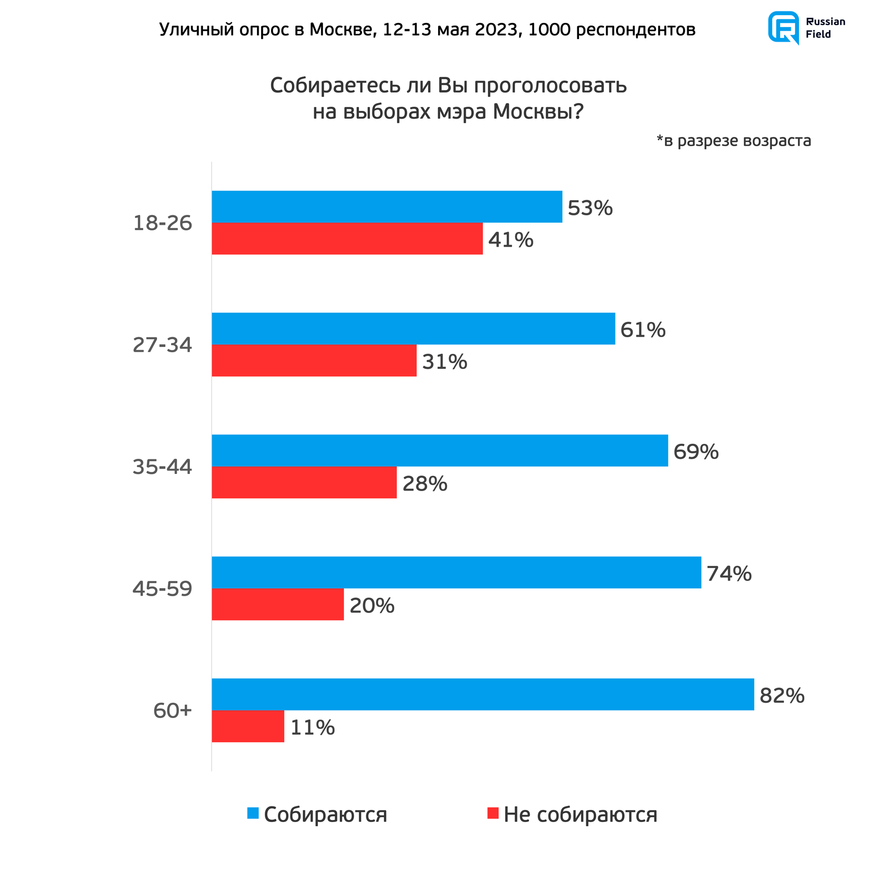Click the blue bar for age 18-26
coord(387,207)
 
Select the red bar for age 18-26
coord(347,239)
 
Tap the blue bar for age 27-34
coord(413,328)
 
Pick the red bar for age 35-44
coord(304,482)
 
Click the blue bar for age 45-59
coord(456,572)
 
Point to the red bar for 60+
coord(248,726)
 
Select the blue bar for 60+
coord(483,694)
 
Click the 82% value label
coord(782,696)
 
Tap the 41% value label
coord(510,240)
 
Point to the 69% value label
coord(696,452)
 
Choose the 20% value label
coord(371,606)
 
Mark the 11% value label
coord(312,727)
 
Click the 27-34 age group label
coord(162,345)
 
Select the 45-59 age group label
coord(162,589)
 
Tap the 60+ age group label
coord(173,711)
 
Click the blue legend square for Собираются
coord(253,813)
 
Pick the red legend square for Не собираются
coord(493,813)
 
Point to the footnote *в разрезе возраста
coord(734,140)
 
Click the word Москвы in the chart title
coord(538,111)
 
